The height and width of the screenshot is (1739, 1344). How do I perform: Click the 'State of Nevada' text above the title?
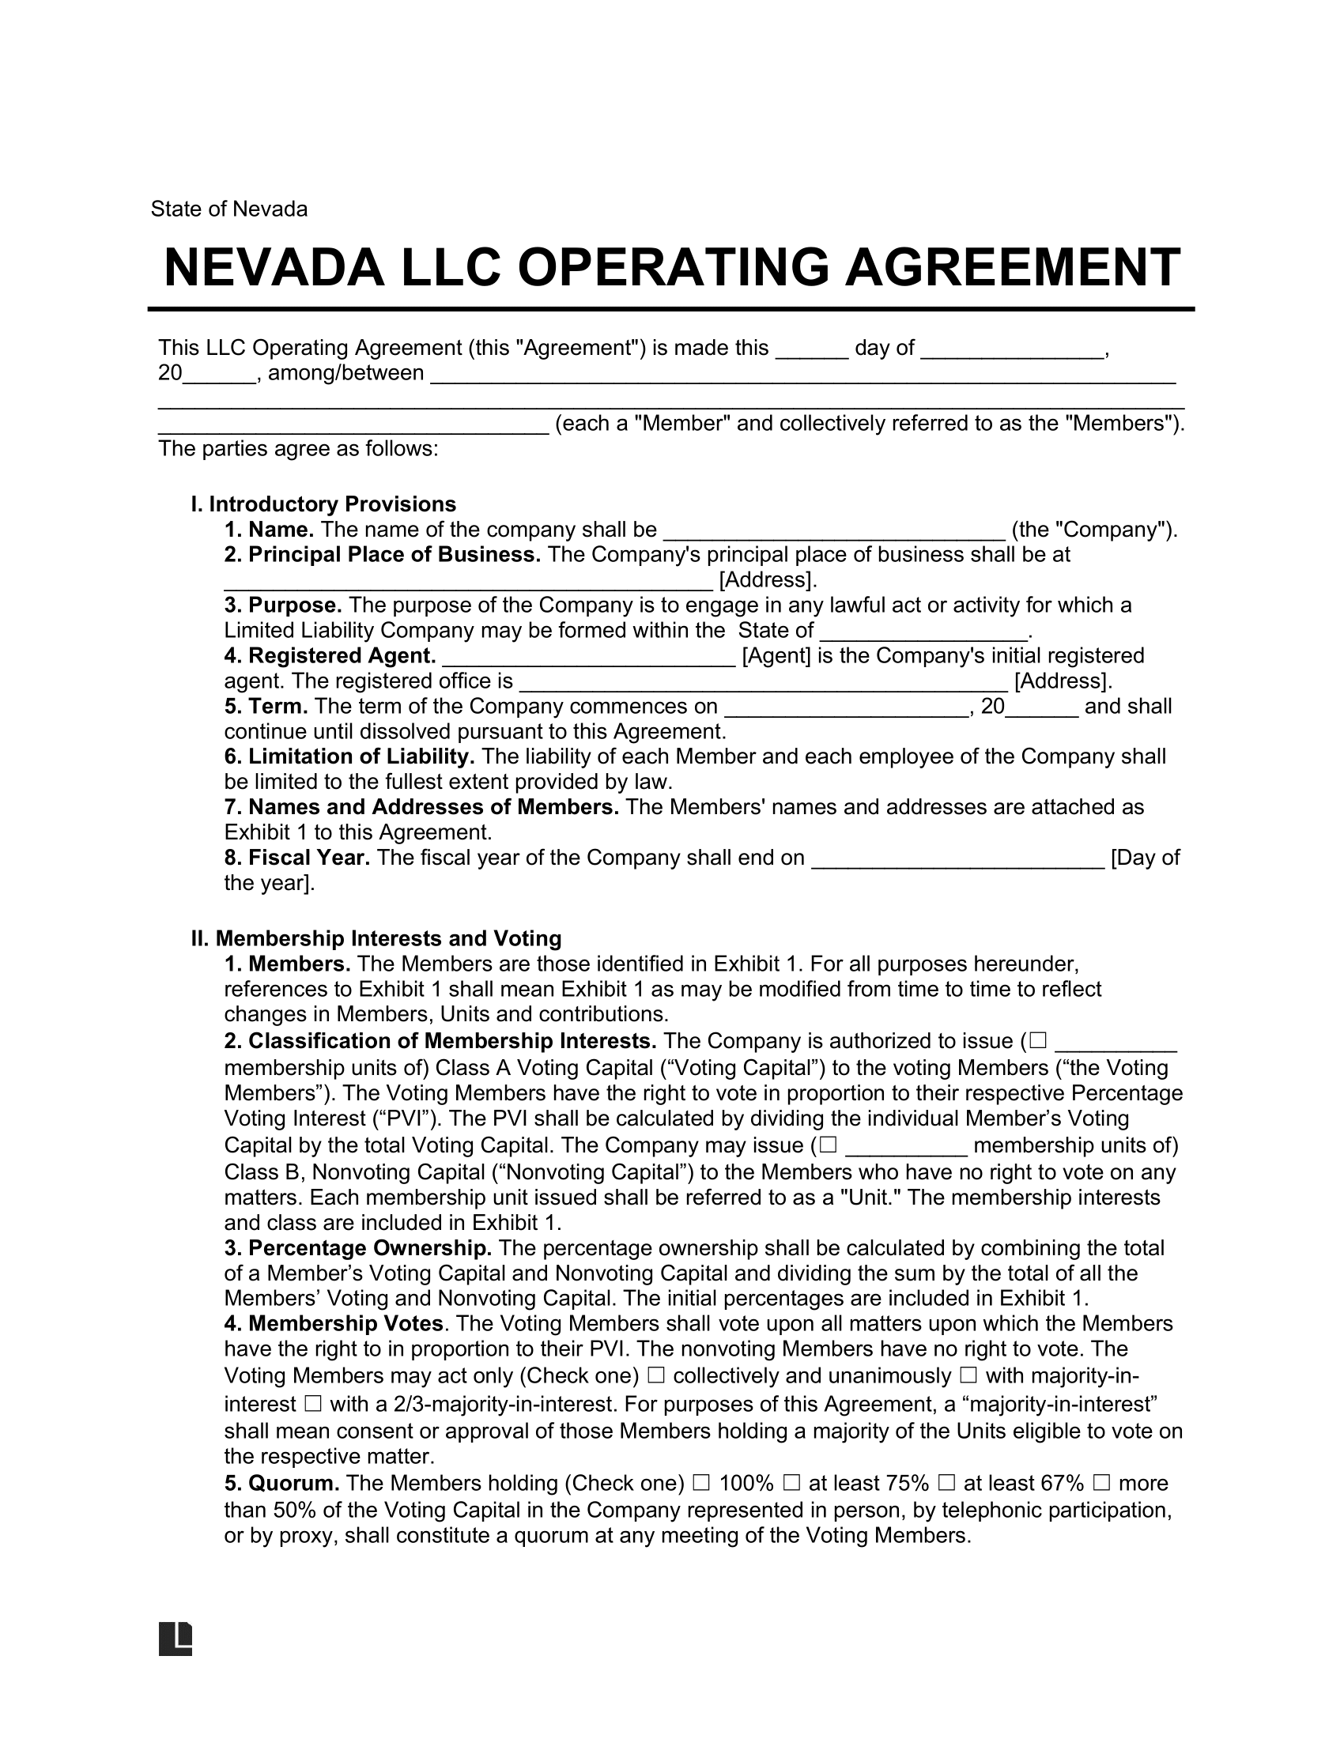(228, 209)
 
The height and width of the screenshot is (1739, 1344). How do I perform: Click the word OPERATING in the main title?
(674, 267)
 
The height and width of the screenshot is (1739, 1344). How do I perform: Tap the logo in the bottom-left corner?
(176, 1638)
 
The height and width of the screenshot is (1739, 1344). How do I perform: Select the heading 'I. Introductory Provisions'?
(323, 504)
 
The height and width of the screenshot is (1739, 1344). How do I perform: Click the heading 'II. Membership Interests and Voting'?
(376, 939)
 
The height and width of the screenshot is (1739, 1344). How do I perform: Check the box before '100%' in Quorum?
(700, 1483)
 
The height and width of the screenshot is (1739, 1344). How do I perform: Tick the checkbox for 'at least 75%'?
(791, 1483)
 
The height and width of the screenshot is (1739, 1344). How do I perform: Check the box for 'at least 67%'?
(946, 1483)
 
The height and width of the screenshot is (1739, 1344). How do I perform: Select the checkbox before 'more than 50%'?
(1101, 1483)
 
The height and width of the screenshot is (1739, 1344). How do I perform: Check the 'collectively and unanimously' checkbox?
(656, 1375)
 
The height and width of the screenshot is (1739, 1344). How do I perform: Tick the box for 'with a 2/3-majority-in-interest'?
(312, 1404)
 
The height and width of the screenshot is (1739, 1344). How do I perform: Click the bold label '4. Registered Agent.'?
(330, 656)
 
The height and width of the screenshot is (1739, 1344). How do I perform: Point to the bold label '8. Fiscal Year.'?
(297, 858)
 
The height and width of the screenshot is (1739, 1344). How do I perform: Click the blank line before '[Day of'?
(957, 859)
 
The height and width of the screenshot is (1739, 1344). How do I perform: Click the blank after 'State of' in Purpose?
(923, 632)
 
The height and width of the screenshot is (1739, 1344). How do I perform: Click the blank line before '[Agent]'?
(588, 658)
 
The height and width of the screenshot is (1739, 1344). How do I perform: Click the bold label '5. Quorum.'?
(283, 1483)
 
